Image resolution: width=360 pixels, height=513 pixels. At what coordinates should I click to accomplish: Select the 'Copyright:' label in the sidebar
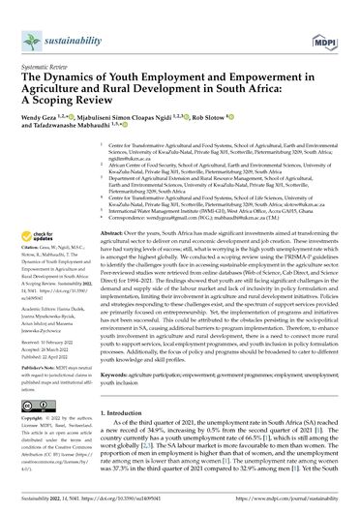(43, 400)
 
